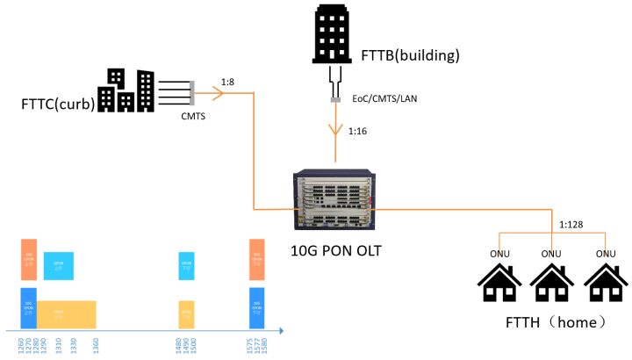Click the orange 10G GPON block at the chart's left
point(29,259)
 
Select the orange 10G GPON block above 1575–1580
point(256,259)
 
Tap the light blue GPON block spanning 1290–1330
point(58,265)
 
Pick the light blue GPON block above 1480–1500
point(186,265)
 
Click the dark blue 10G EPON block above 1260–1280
point(28,307)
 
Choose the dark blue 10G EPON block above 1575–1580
point(256,307)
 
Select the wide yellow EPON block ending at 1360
point(66,314)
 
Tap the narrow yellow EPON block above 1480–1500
point(186,314)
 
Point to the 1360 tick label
point(96,345)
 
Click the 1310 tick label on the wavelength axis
point(59,345)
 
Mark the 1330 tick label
point(74,345)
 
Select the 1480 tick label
point(179,345)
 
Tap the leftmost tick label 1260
point(21,345)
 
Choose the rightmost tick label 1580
point(262,345)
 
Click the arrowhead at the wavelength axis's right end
point(281,331)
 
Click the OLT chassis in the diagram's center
point(334,200)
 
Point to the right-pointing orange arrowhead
point(218,93)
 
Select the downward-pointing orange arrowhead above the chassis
point(335,129)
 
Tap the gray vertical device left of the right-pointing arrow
point(191,93)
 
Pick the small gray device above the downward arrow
point(335,99)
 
